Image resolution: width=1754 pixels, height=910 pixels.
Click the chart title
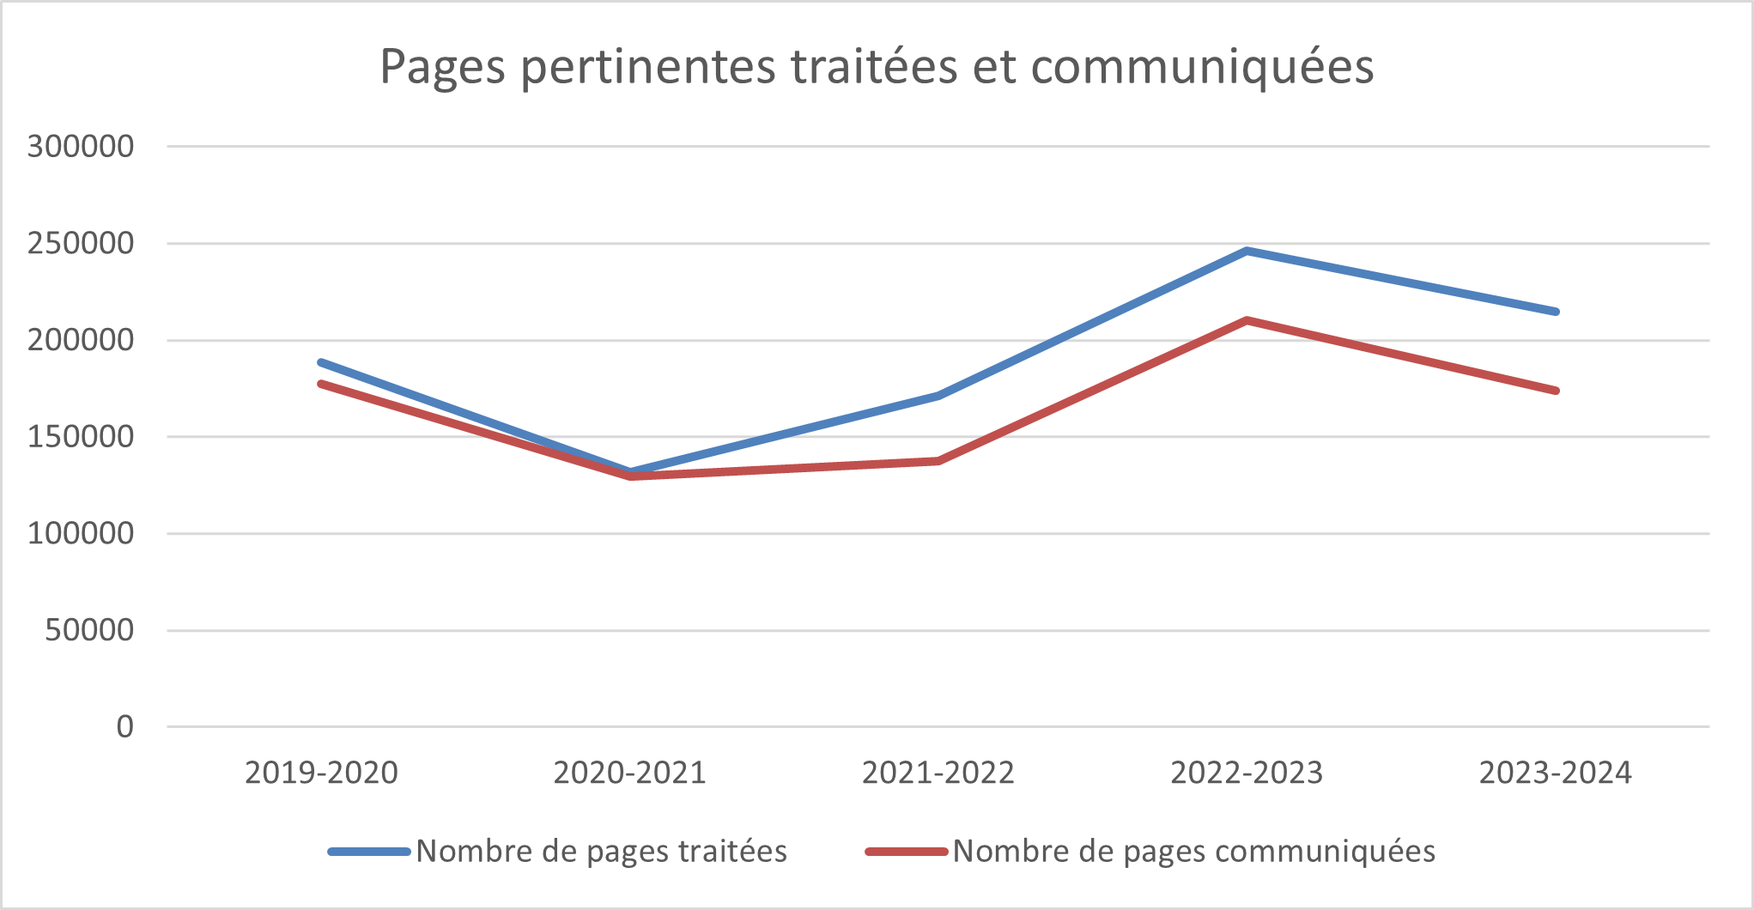[877, 67]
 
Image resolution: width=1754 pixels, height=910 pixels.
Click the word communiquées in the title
[1202, 67]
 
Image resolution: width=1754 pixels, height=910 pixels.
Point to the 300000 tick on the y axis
[81, 146]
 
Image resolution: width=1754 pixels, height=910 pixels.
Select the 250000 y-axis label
[81, 243]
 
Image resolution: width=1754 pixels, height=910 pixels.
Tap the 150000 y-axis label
[81, 436]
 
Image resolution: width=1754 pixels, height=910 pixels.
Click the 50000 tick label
[89, 630]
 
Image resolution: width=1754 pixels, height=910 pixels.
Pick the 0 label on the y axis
[125, 727]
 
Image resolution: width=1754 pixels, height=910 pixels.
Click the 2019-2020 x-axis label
[321, 773]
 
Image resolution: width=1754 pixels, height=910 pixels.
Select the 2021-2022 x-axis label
[938, 773]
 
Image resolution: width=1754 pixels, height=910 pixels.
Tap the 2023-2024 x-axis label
[1555, 773]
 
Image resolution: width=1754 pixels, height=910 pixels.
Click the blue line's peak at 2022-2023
[1247, 251]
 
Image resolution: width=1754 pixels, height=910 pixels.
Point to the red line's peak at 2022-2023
[1247, 320]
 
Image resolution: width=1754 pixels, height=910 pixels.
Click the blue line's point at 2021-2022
[938, 396]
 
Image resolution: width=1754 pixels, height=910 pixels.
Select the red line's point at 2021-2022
[938, 461]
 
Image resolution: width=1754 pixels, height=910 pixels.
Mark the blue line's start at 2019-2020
[321, 362]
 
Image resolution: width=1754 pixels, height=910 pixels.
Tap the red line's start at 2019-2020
[321, 384]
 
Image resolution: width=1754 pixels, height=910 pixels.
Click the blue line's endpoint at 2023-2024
[1555, 312]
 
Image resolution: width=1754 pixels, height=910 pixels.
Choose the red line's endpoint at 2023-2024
[1555, 391]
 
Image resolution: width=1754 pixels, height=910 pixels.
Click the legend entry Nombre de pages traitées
[558, 852]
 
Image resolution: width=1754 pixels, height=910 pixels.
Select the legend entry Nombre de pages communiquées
[1150, 852]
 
